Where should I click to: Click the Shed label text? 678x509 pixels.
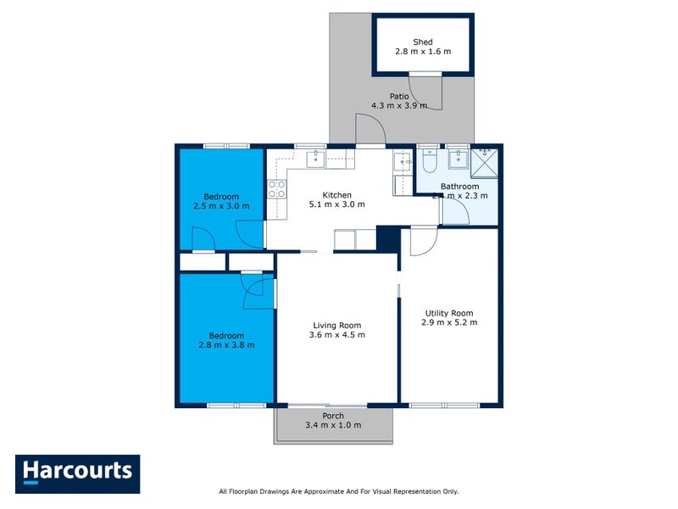coord(423,42)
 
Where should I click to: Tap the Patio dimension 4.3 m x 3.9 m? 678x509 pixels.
coord(399,106)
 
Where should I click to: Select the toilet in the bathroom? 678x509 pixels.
coord(428,160)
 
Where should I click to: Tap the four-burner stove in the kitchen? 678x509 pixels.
coord(276,189)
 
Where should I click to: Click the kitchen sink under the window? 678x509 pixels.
coord(316,158)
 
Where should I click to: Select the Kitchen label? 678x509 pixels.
coord(336,194)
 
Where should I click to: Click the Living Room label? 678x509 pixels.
coord(337,325)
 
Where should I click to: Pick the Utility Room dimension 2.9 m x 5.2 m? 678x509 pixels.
coord(449,322)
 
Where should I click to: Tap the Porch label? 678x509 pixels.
coord(333,416)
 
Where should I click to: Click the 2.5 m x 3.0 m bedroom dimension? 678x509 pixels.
coord(220,205)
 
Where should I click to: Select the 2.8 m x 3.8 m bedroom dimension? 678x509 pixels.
coord(226,344)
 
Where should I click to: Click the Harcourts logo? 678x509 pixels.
coord(77,472)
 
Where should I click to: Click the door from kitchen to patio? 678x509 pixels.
coord(370,131)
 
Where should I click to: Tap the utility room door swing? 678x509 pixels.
coord(422,241)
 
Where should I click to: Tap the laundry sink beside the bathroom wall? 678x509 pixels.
coord(401,161)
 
